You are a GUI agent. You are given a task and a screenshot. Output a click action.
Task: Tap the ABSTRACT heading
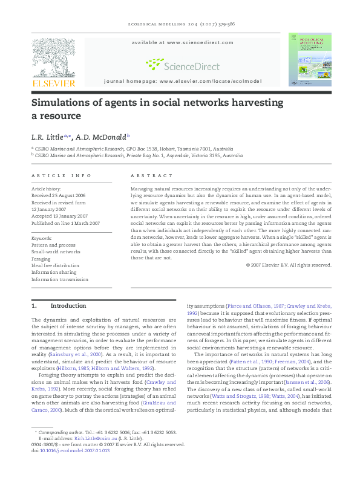coord(151,176)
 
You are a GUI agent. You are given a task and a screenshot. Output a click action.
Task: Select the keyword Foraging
coord(41,258)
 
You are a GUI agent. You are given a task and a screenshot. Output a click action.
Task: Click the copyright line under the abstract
coord(289,265)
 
